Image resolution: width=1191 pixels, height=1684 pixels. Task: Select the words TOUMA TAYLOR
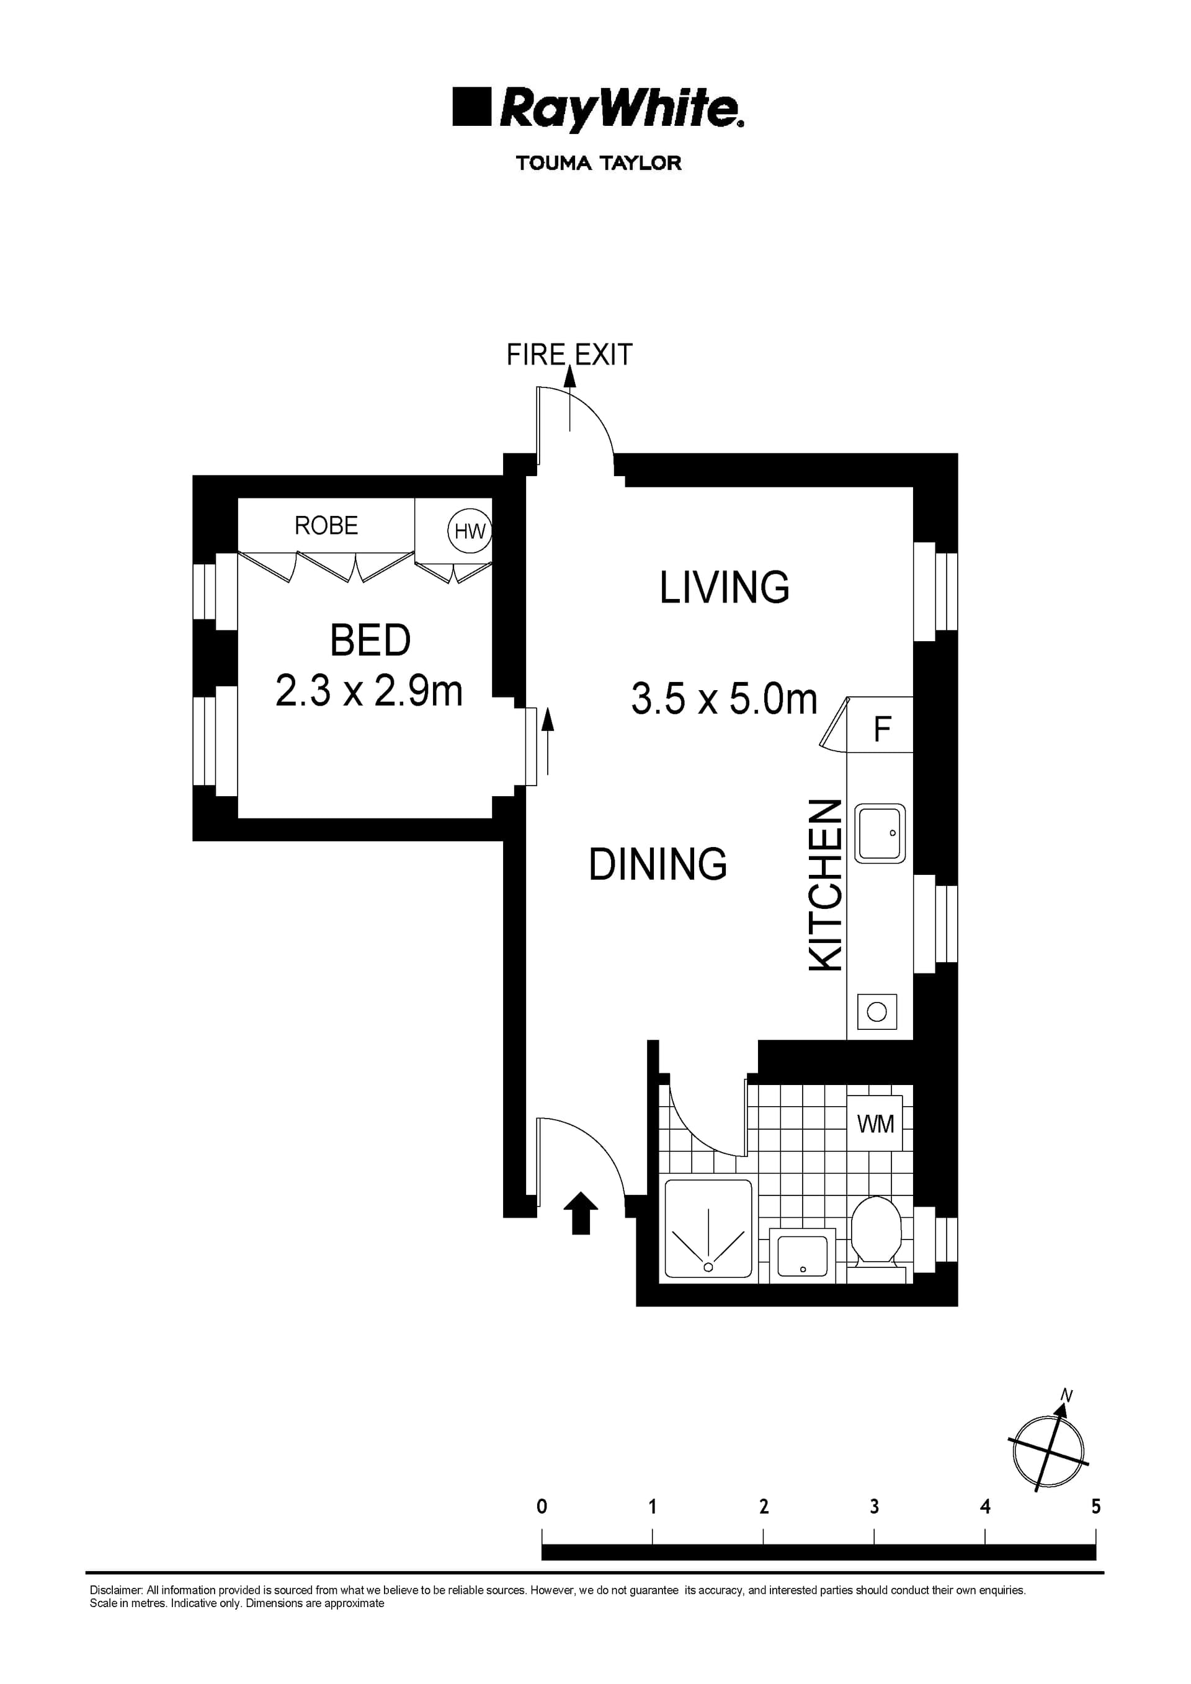coord(598,163)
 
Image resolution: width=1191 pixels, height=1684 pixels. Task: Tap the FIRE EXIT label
coord(569,355)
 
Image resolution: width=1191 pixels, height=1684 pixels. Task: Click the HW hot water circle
coord(469,530)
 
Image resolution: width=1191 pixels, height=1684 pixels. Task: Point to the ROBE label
coord(326,526)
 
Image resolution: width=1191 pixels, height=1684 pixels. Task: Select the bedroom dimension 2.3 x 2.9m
coord(368,691)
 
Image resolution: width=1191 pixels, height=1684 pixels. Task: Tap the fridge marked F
coord(881,729)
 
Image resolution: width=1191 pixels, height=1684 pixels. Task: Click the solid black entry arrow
coord(581,1213)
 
